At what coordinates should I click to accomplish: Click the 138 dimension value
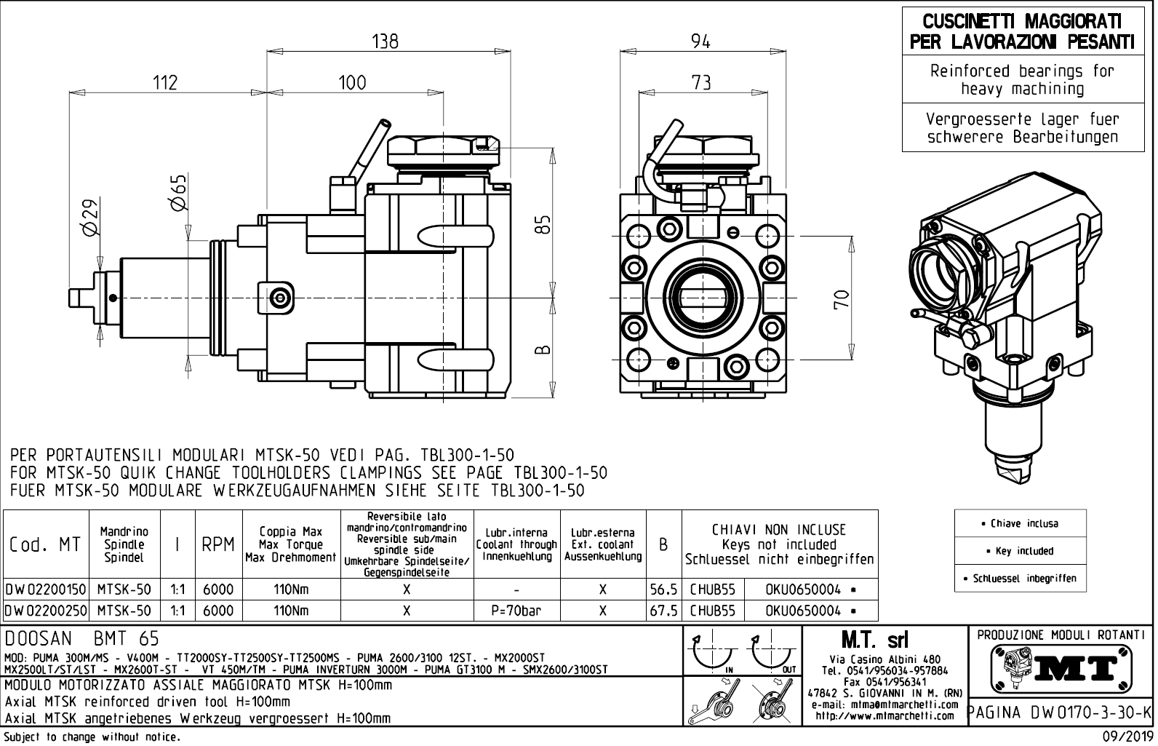[385, 41]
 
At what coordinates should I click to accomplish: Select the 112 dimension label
[165, 82]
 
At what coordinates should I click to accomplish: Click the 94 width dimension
[700, 41]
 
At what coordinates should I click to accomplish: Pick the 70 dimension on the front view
[842, 299]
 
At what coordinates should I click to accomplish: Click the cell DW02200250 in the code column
[46, 611]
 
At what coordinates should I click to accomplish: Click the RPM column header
[217, 544]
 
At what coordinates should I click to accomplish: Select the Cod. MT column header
[45, 544]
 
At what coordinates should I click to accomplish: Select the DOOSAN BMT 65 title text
[81, 638]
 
